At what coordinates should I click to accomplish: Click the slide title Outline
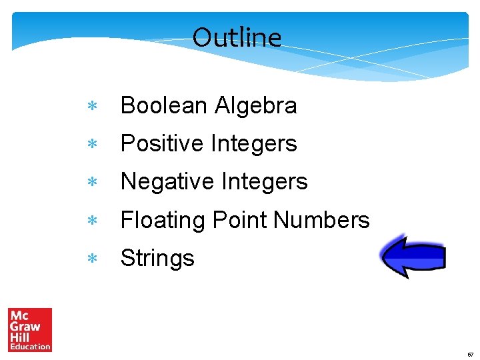coord(237,37)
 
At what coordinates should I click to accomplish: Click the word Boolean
coord(164,105)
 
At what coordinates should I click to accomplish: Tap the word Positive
coord(162,143)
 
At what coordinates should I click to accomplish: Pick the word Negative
coord(167,181)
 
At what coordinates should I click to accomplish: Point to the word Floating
coord(163,219)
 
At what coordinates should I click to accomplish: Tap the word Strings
coord(157,258)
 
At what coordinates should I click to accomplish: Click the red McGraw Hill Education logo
coord(30,329)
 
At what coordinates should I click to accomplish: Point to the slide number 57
coord(469,355)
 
